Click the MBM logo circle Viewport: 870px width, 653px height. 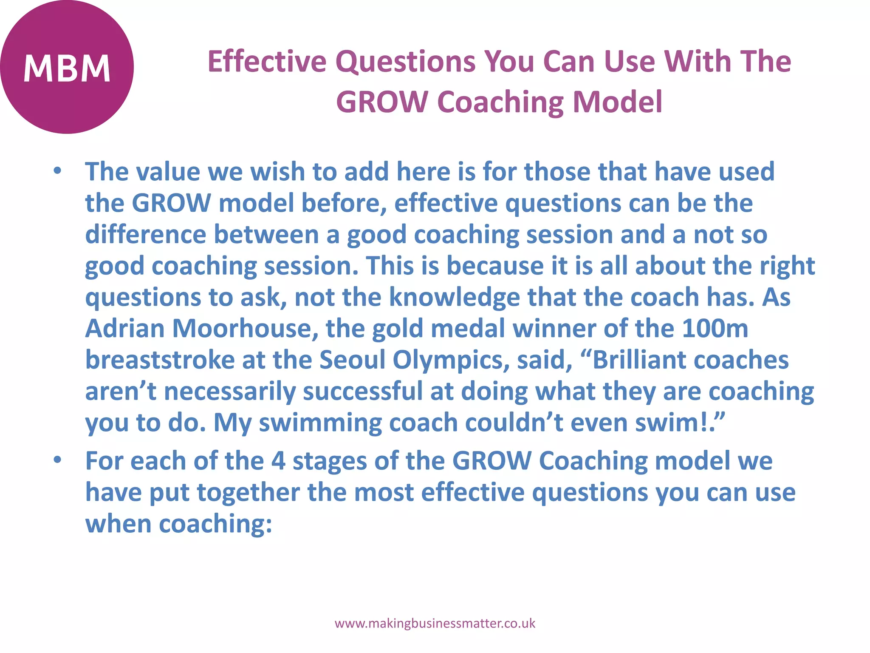coord(67,67)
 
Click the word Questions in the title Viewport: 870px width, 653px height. coord(405,61)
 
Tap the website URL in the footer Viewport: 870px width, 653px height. coord(435,623)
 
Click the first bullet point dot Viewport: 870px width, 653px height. coord(57,171)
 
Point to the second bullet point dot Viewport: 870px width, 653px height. coord(57,460)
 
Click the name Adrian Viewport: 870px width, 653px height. coord(125,328)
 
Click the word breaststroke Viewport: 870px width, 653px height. coord(160,360)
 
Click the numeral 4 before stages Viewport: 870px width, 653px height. coord(278,461)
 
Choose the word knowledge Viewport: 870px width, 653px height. coord(454,297)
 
